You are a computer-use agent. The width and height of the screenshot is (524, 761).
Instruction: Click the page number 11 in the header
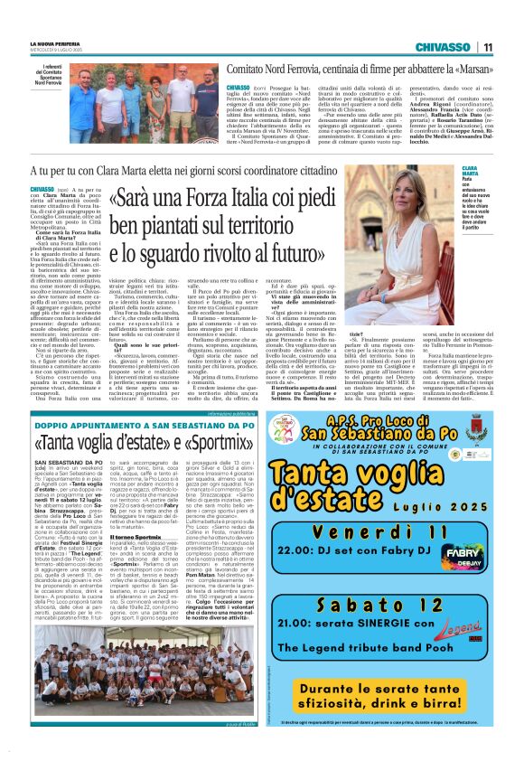[x=487, y=48]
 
